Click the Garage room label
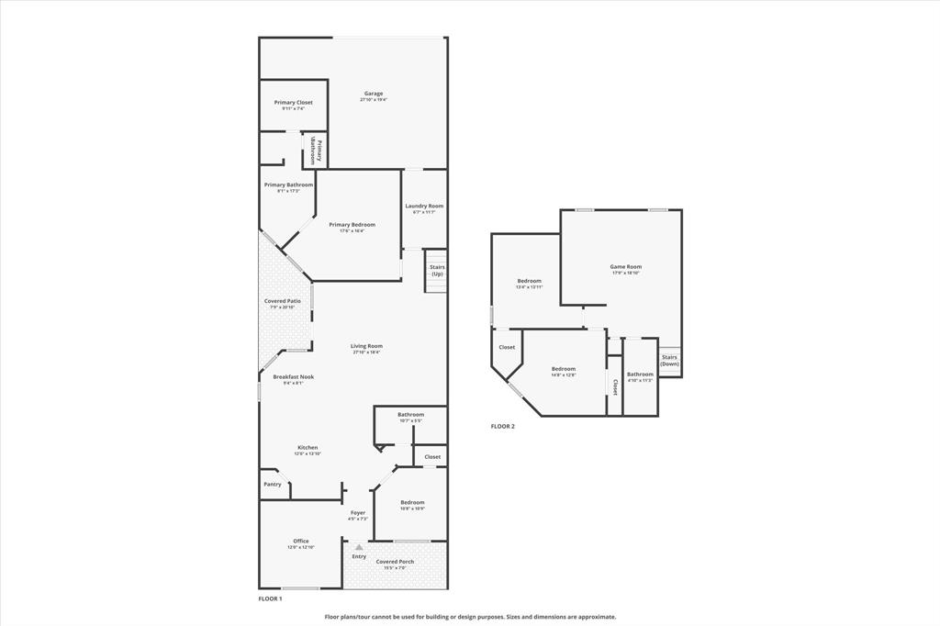373,94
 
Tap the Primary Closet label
293,103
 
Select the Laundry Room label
424,207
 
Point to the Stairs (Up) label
437,271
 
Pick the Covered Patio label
283,301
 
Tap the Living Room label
366,347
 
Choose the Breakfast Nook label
294,377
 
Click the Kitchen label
307,448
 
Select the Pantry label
273,484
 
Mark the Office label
301,542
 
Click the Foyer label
358,513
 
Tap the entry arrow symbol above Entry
359,547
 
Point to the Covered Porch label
395,562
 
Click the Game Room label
626,267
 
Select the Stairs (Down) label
670,360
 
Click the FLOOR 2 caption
503,426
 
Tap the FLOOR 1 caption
270,598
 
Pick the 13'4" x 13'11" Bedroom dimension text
529,287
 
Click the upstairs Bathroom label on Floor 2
640,374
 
